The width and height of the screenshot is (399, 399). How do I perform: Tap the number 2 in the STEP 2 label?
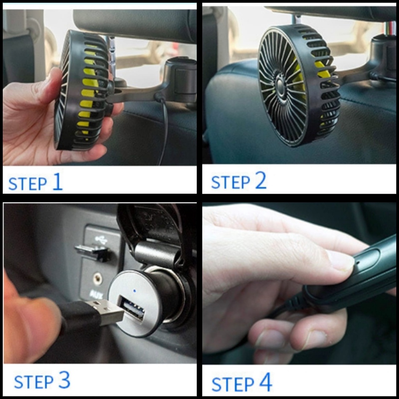click(x=261, y=180)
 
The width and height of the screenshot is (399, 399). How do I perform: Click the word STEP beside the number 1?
click(x=28, y=184)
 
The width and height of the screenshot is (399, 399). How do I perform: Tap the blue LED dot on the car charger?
click(x=134, y=291)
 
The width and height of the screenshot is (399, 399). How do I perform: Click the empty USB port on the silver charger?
click(x=131, y=307)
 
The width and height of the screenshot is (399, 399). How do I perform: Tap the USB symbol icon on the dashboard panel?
click(x=101, y=240)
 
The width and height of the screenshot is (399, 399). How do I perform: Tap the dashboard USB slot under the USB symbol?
click(x=92, y=252)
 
